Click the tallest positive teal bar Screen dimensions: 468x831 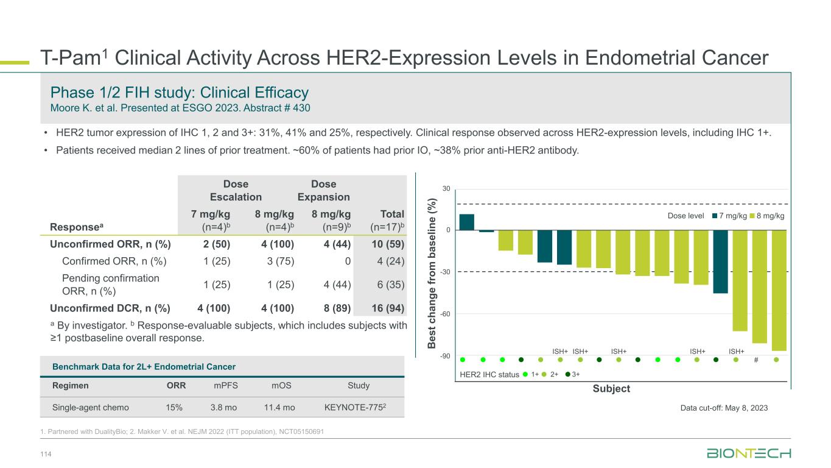466,222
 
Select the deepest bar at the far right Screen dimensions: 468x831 779,290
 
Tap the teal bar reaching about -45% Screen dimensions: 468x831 720,261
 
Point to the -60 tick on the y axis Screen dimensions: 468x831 446,314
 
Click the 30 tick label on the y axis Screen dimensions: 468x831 446,189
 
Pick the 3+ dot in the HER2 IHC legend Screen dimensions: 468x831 568,375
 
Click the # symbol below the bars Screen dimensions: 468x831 756,360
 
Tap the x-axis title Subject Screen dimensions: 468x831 611,389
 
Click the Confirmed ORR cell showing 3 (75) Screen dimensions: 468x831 275,261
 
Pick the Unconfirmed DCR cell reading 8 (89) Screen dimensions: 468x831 331,308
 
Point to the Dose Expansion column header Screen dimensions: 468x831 323,190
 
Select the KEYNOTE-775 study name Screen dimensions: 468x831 359,406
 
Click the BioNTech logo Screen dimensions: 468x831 748,453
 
